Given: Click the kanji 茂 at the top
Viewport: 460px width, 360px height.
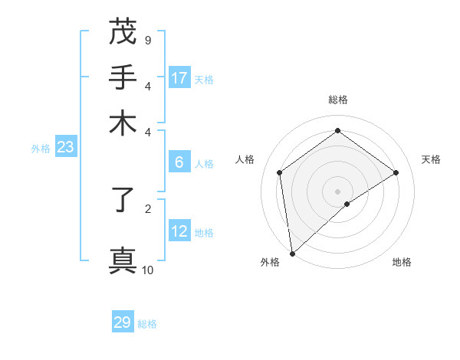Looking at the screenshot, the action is click(123, 32).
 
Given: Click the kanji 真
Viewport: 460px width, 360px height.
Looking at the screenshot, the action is click(123, 260).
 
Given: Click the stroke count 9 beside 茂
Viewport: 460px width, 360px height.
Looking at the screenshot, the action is click(147, 40).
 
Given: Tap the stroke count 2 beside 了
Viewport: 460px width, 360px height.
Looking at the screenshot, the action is click(147, 208).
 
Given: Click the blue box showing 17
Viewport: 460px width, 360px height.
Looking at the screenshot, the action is click(179, 78).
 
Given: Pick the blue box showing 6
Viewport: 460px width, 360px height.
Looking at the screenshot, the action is click(179, 162).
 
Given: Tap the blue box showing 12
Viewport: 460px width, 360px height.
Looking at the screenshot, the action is click(179, 231).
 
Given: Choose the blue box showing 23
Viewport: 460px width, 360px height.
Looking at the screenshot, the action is click(65, 147).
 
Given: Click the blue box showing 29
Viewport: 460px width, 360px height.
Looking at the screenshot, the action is click(123, 322).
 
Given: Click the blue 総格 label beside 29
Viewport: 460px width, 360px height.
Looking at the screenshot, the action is click(147, 324).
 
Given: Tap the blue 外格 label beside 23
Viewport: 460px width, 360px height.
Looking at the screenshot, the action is click(41, 149).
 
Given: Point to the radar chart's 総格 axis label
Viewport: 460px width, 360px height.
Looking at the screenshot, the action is click(338, 100).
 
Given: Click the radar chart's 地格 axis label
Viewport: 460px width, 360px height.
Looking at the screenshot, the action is click(402, 263).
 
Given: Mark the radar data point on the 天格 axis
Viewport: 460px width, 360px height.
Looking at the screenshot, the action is click(396, 172).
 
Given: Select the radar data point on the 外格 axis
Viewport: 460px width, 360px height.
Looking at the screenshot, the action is click(292, 253).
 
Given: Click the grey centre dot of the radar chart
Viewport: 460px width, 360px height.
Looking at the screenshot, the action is click(338, 191).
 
